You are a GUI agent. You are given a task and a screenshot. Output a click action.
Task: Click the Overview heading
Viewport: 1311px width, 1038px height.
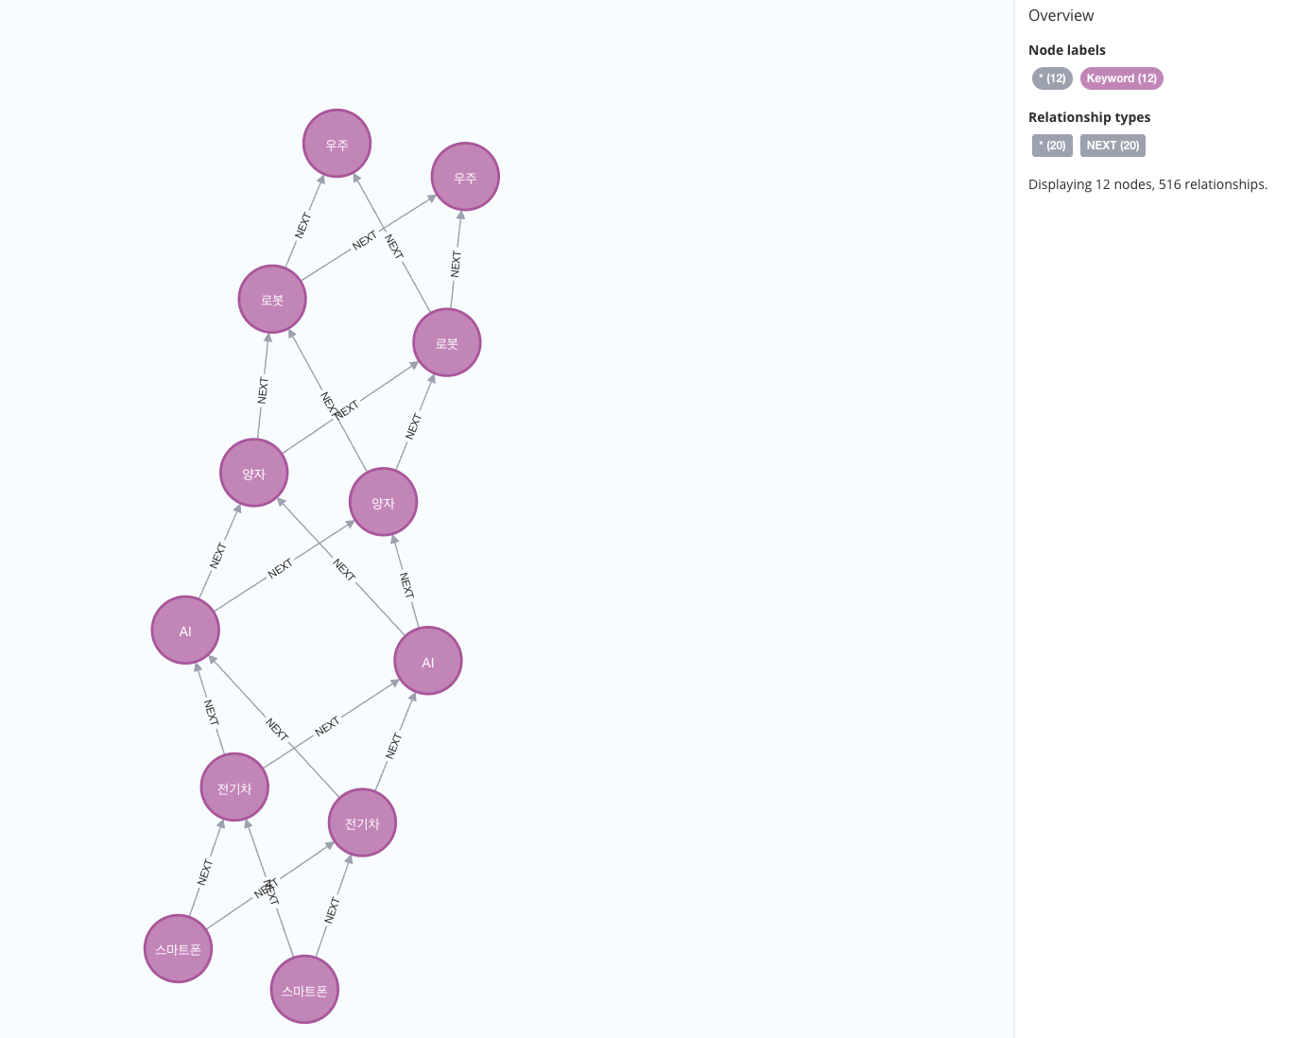click(x=1061, y=15)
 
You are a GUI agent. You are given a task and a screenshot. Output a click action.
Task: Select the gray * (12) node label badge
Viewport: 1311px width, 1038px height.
click(x=1052, y=78)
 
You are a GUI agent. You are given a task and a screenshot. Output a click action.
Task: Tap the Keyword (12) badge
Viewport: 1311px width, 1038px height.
click(x=1121, y=78)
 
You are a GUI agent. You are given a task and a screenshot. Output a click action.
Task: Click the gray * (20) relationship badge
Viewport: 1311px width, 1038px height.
click(x=1052, y=146)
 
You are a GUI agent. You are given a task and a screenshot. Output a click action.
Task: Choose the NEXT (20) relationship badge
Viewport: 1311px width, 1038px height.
click(x=1113, y=146)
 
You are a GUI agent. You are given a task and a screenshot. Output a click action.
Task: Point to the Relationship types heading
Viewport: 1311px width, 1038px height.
click(x=1089, y=117)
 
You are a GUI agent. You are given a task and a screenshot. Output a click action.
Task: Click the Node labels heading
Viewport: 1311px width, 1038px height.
click(x=1066, y=50)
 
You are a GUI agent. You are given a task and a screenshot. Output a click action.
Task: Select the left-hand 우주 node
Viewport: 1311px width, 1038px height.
click(x=336, y=144)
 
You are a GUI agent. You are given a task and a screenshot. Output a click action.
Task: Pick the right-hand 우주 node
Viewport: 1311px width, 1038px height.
click(x=465, y=177)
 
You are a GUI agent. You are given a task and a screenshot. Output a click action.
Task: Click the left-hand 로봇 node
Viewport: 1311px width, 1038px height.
click(x=272, y=300)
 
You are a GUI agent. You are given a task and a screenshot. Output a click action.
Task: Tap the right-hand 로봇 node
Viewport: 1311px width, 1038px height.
click(x=447, y=342)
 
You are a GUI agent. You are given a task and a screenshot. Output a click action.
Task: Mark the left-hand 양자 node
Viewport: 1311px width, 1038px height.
click(x=254, y=473)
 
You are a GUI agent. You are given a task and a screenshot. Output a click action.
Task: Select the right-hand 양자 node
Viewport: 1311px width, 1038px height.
click(x=383, y=502)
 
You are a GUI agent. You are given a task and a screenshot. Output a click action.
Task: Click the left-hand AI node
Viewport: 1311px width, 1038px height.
click(x=185, y=631)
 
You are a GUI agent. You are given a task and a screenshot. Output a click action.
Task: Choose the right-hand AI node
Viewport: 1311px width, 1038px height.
click(x=428, y=661)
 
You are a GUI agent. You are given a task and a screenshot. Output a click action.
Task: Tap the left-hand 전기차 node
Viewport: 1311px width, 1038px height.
click(x=234, y=787)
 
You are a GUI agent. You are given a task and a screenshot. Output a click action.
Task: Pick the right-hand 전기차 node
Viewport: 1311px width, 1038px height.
click(x=362, y=822)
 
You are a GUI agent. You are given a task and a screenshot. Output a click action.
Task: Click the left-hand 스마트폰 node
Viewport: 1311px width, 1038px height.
click(x=179, y=948)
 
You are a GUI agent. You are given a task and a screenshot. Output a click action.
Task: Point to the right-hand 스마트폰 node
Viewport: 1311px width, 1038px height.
click(x=304, y=990)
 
